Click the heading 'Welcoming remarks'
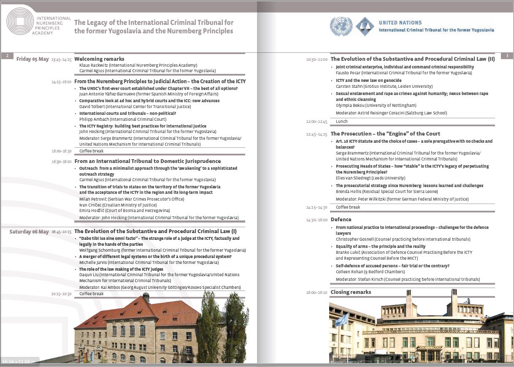(x=99, y=59)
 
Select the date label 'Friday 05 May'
(x=32, y=59)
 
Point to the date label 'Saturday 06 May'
(x=29, y=232)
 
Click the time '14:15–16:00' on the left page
(x=62, y=82)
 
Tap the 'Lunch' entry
(x=342, y=122)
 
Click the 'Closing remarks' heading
(x=351, y=292)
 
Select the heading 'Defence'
(x=341, y=220)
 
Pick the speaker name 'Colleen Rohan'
(x=349, y=272)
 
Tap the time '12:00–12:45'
(x=317, y=122)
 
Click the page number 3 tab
(x=507, y=56)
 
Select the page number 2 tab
(x=7, y=56)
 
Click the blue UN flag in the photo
(x=341, y=319)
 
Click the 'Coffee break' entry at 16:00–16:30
(x=92, y=151)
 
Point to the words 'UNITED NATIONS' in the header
(x=400, y=23)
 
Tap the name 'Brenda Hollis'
(x=349, y=192)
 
